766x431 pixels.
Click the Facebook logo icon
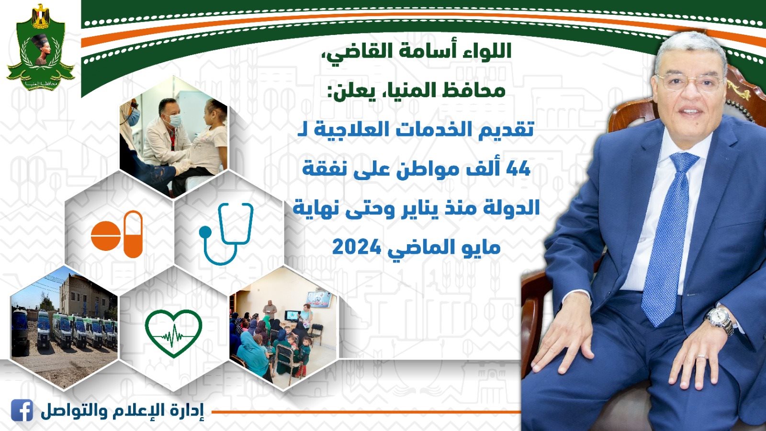[x=22, y=410]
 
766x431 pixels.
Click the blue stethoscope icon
[x=226, y=233]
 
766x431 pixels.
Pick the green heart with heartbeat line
[x=173, y=333]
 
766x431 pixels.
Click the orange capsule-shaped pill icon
[x=133, y=234]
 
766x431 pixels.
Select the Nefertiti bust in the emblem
[x=41, y=49]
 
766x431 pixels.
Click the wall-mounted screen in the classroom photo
[x=319, y=299]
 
